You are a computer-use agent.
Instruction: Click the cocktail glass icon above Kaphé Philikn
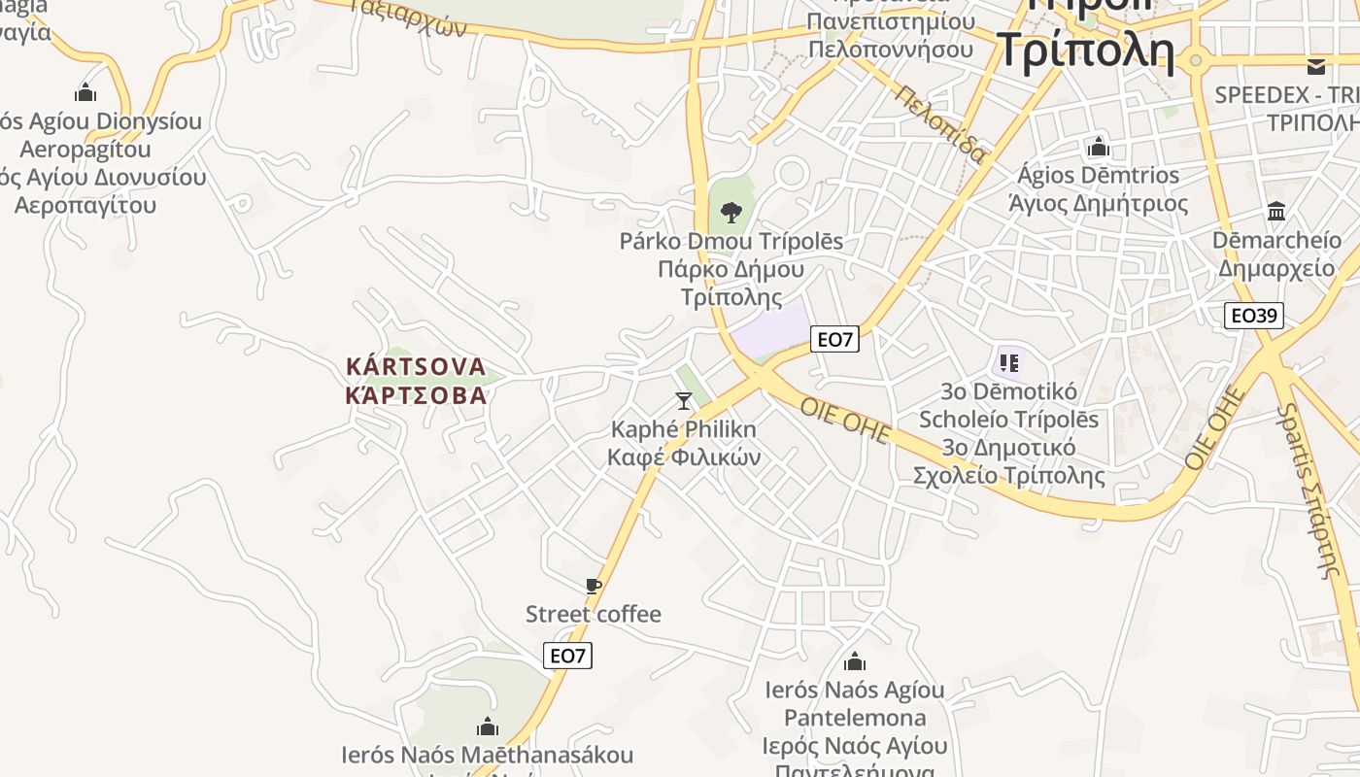pyautogui.click(x=684, y=400)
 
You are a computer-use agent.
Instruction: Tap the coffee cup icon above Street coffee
pyautogui.click(x=594, y=586)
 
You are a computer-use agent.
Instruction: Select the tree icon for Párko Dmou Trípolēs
pyautogui.click(x=731, y=211)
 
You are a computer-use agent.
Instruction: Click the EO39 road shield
pyautogui.click(x=1253, y=315)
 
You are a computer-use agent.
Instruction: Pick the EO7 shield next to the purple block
pyautogui.click(x=834, y=339)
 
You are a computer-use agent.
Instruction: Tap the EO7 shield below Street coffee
pyautogui.click(x=567, y=656)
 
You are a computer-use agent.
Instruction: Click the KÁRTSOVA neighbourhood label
pyautogui.click(x=416, y=366)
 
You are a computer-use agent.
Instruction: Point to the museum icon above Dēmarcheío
pyautogui.click(x=1276, y=211)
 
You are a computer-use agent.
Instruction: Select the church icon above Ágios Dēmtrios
pyautogui.click(x=1099, y=147)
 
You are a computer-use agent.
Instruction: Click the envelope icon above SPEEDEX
pyautogui.click(x=1316, y=66)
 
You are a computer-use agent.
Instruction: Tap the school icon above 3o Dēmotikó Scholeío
pyautogui.click(x=1008, y=363)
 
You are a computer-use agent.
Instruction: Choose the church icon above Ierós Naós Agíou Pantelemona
pyautogui.click(x=855, y=661)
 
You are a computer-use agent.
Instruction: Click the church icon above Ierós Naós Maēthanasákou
pyautogui.click(x=488, y=726)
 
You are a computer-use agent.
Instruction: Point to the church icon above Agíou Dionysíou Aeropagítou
pyautogui.click(x=85, y=92)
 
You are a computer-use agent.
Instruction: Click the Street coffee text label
pyautogui.click(x=594, y=614)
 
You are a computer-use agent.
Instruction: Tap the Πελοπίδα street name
pyautogui.click(x=942, y=124)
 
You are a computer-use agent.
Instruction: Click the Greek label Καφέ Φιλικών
pyautogui.click(x=684, y=456)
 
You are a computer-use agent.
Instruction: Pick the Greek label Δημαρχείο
pyautogui.click(x=1276, y=268)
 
